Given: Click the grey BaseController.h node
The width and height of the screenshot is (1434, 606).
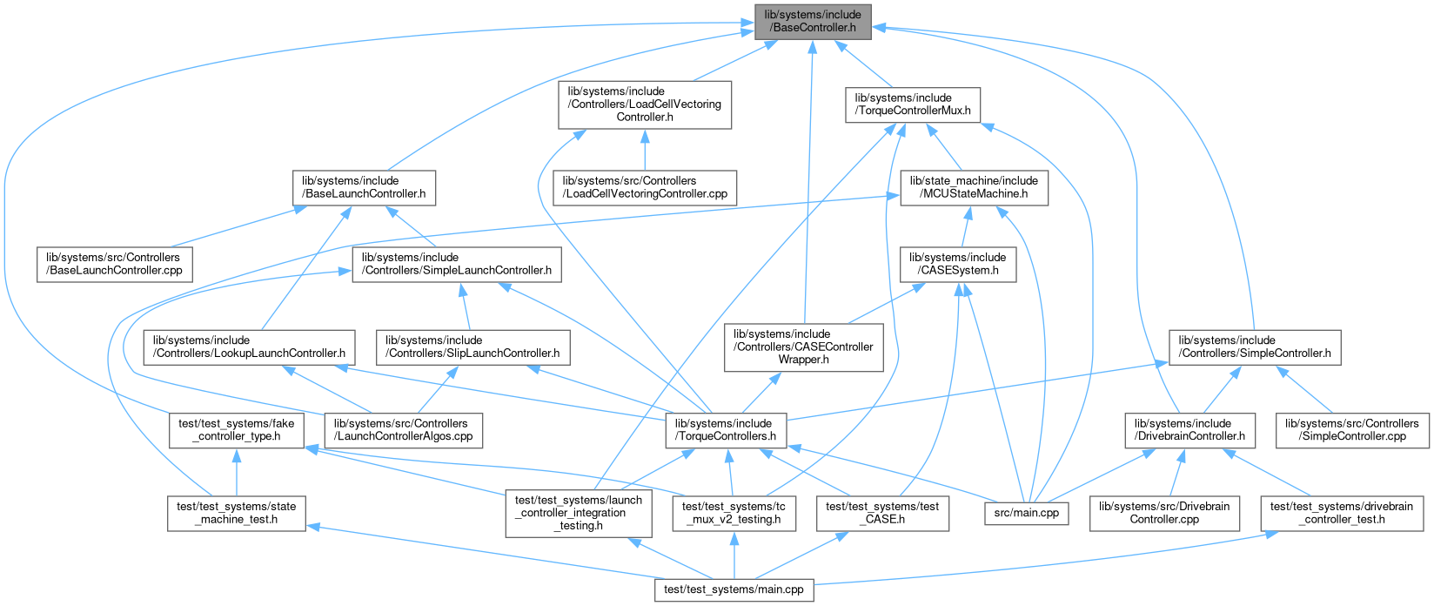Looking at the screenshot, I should coord(813,21).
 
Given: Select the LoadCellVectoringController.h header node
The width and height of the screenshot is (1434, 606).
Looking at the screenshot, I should coord(644,104).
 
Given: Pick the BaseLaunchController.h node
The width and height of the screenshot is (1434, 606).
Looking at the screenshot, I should coord(364,188).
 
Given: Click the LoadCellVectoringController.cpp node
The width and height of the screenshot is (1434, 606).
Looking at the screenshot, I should coord(645,188).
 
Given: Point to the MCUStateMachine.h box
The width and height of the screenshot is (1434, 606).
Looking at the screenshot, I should coord(974,188).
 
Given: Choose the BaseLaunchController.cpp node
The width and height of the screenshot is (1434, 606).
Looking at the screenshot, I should coord(115,265).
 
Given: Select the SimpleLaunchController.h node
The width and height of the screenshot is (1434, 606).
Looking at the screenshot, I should coord(456,265).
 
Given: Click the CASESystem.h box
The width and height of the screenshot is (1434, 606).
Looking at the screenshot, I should coord(957,265).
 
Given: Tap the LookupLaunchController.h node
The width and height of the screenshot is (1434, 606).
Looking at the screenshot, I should coord(250,347).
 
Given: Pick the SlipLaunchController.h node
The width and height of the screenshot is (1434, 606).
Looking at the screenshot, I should coord(473,347).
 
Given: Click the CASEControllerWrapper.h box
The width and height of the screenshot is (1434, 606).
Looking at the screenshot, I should coord(803,347).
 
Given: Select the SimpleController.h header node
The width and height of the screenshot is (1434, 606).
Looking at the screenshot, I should coord(1254,347).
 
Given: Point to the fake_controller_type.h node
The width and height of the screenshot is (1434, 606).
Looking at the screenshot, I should coord(236,430).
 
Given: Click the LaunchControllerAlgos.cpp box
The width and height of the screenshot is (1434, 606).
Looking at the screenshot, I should coord(404,430).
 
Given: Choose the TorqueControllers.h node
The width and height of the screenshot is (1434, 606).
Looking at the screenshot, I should coord(725,430).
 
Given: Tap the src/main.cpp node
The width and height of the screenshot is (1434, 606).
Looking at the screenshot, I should coord(1026,514).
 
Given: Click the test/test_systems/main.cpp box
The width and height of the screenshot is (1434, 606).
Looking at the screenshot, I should coord(734,590).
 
